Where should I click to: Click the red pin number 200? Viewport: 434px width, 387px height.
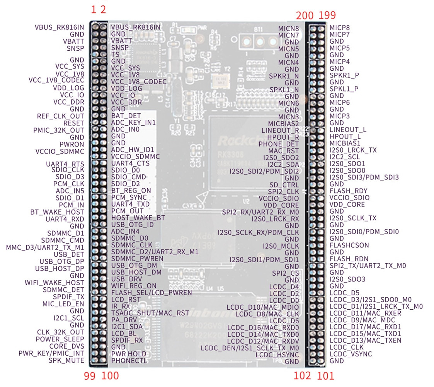pyautogui.click(x=305, y=15)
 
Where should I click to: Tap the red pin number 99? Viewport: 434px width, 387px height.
pyautogui.click(x=90, y=376)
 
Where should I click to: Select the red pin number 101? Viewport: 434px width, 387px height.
pyautogui.click(x=325, y=376)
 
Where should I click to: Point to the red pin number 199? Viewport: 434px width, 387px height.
pyautogui.click(x=327, y=15)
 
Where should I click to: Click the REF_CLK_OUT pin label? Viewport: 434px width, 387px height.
pyautogui.click(x=60, y=116)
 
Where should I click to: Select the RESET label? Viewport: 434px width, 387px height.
pyautogui.click(x=74, y=123)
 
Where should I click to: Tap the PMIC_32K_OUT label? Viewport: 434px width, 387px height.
pyautogui.click(x=59, y=130)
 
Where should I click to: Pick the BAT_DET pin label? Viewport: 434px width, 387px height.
pyautogui.click(x=126, y=116)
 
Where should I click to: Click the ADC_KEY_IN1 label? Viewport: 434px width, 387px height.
pyautogui.click(x=133, y=122)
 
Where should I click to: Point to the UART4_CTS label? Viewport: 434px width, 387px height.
pyautogui.click(x=130, y=163)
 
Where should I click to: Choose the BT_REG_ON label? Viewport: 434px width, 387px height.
pyautogui.click(x=131, y=191)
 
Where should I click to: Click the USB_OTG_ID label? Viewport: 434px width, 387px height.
pyautogui.click(x=132, y=225)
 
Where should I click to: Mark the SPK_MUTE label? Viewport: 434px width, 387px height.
pyautogui.click(x=66, y=360)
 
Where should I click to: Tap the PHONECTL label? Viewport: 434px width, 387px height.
pyautogui.click(x=129, y=361)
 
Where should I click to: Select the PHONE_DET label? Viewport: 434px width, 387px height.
pyautogui.click(x=279, y=144)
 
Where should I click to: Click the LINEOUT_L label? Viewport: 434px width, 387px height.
pyautogui.click(x=348, y=130)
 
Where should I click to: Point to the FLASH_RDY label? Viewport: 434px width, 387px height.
pyautogui.click(x=349, y=191)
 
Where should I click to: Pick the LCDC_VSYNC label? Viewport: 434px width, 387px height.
pyautogui.click(x=351, y=354)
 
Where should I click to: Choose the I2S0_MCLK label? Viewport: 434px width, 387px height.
pyautogui.click(x=281, y=246)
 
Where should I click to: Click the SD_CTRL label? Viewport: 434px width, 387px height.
pyautogui.click(x=284, y=185)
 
